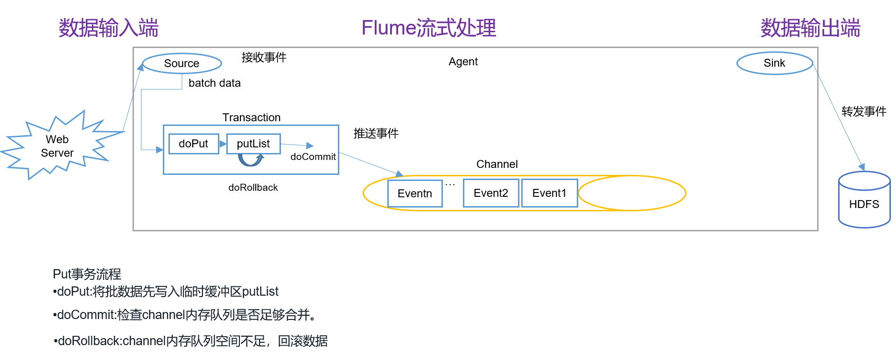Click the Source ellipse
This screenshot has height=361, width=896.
pos(182,63)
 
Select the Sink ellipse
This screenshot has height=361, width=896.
pos(774,63)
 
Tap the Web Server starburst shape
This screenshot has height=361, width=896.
pos(57,146)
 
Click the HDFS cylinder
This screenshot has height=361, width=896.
pos(864,204)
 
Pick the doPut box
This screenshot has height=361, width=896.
pos(193,144)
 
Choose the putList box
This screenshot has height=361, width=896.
pos(253,144)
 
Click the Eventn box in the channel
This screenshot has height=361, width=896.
pos(414,194)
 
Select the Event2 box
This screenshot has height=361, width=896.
pos(490,193)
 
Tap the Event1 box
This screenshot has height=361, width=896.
pos(549,193)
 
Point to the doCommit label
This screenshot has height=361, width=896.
pos(313,157)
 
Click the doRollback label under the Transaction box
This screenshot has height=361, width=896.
pos(253,187)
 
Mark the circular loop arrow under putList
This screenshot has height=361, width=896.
pos(251,160)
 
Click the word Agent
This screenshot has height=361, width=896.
pos(463,62)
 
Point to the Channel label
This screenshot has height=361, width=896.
pos(497,164)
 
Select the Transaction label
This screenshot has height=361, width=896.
pos(251,118)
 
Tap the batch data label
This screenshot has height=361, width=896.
pos(214,83)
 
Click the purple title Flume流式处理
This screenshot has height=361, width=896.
pos(428,28)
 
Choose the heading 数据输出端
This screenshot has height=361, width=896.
pos(810,28)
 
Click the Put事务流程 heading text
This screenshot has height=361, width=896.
pos(87,274)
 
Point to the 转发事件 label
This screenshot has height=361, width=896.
pos(863,111)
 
